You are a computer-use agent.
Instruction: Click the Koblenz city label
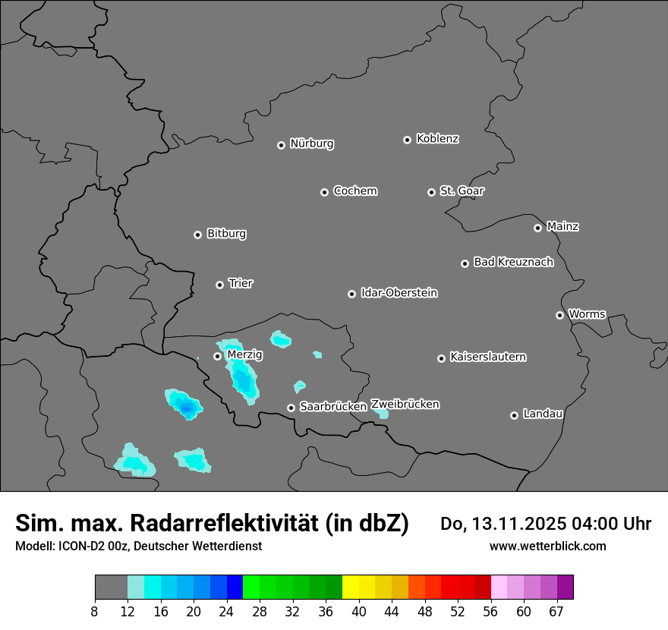click(x=437, y=139)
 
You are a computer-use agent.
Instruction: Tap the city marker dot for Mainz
click(x=537, y=228)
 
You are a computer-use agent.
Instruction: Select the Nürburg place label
click(x=311, y=143)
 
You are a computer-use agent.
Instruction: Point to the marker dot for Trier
click(x=219, y=285)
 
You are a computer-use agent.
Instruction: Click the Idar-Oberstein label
click(x=399, y=293)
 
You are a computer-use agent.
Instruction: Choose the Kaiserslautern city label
click(x=487, y=357)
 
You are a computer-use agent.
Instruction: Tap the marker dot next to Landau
click(x=514, y=415)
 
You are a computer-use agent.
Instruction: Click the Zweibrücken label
click(x=405, y=405)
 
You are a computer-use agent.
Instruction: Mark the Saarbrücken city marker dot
click(x=291, y=408)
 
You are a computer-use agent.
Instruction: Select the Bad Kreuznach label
click(x=513, y=262)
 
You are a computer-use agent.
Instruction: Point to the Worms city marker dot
click(x=559, y=315)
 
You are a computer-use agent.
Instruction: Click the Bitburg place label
click(x=226, y=234)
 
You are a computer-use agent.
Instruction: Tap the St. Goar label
click(x=462, y=191)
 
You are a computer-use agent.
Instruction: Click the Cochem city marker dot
click(x=324, y=192)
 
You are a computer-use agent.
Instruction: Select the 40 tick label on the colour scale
click(x=359, y=612)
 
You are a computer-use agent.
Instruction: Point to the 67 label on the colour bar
click(x=556, y=612)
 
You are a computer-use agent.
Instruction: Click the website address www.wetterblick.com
click(x=547, y=547)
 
